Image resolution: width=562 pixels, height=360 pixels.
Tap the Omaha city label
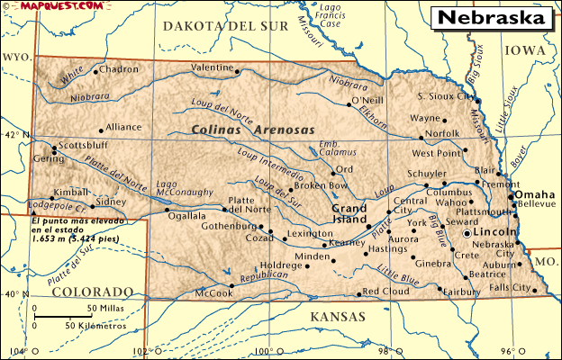pyautogui.click(x=534, y=195)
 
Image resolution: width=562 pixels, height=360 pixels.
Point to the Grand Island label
pyautogui.click(x=344, y=213)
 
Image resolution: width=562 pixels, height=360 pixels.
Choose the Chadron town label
pyautogui.click(x=119, y=68)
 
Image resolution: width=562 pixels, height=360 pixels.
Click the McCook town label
pyautogui.click(x=213, y=293)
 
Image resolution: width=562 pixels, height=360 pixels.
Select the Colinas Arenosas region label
pyautogui.click(x=253, y=130)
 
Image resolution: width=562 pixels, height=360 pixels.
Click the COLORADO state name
pyautogui.click(x=92, y=292)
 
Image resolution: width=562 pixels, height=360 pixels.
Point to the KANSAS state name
pyautogui.click(x=337, y=317)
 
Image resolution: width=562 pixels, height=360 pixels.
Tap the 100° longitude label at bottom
pyautogui.click(x=262, y=351)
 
